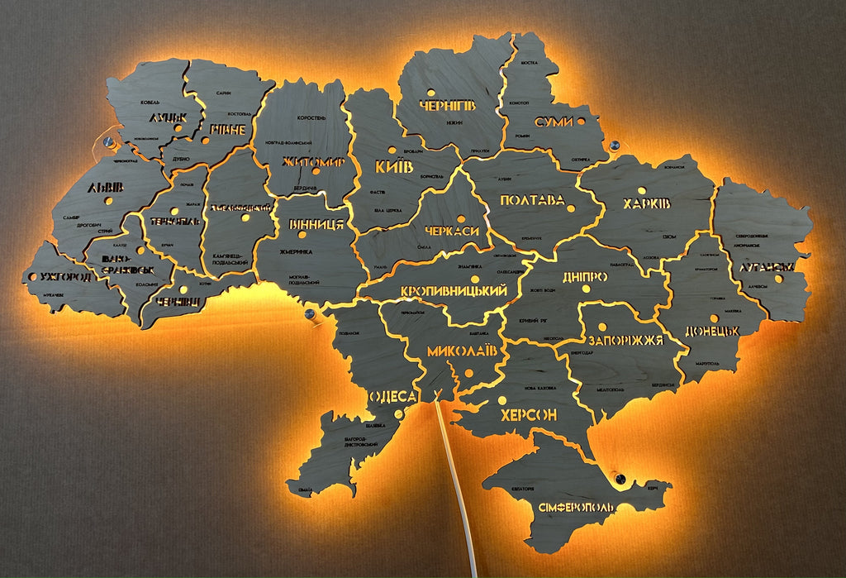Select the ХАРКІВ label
pyautogui.click(x=646, y=203)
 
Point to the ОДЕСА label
pyautogui.click(x=392, y=397)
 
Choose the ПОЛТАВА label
pyautogui.click(x=532, y=200)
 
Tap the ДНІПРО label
pyautogui.click(x=584, y=277)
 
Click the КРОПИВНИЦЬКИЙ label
pyautogui.click(x=453, y=291)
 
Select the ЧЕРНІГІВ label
pyautogui.click(x=447, y=106)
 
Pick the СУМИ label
pyautogui.click(x=554, y=122)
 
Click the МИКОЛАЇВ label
pyautogui.click(x=463, y=351)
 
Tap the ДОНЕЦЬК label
pyautogui.click(x=711, y=332)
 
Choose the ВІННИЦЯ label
pyautogui.click(x=316, y=223)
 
